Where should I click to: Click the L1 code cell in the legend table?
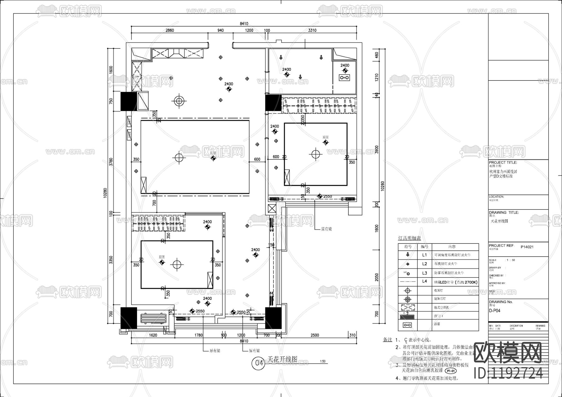pyautogui.click(x=424, y=255)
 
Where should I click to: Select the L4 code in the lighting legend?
pyautogui.click(x=424, y=281)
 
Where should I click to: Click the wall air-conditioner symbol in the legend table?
pyautogui.click(x=408, y=307)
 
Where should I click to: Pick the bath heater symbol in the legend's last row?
pyautogui.click(x=408, y=325)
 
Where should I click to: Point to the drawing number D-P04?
pyautogui.click(x=495, y=311)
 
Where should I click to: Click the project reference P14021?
pyautogui.click(x=527, y=247)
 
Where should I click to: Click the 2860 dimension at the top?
pyautogui.click(x=170, y=30)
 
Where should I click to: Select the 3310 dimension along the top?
pyautogui.click(x=312, y=30)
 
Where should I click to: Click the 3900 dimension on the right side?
pyautogui.click(x=377, y=150)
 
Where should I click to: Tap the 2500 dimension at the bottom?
pyautogui.click(x=315, y=335)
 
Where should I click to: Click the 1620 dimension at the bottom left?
pyautogui.click(x=153, y=335)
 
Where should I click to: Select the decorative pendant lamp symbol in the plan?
pyautogui.click(x=179, y=101)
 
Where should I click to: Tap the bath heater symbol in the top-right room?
pyautogui.click(x=345, y=78)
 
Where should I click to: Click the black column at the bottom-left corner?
pyautogui.click(x=129, y=318)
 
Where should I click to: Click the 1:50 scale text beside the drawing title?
pyautogui.click(x=323, y=362)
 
